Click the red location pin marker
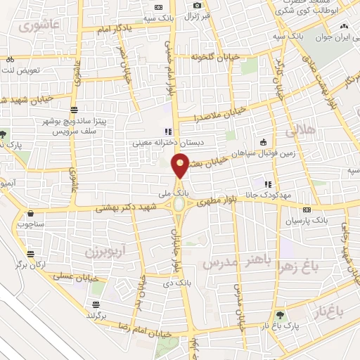(181, 167)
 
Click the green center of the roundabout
(180, 205)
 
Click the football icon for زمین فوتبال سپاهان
(263, 140)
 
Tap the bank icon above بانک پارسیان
(306, 210)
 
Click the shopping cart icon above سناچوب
(30, 214)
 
